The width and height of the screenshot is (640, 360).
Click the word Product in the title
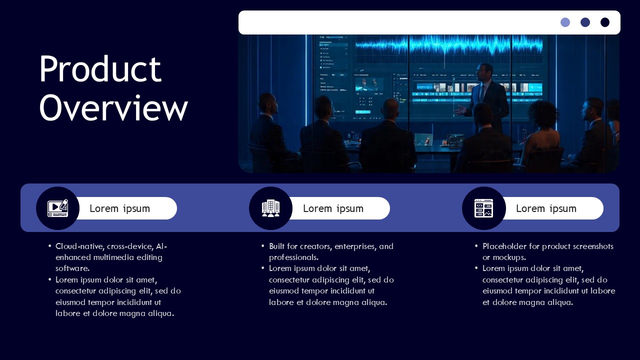pos(100,69)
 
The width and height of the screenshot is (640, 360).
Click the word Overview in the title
pos(113,107)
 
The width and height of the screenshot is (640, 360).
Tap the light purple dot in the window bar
pos(565,22)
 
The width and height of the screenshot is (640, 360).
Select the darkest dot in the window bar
pos(605,22)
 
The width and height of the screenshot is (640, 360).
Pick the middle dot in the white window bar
pos(585,22)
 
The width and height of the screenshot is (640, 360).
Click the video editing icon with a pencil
pos(57,208)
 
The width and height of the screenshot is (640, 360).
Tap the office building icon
pos(270,208)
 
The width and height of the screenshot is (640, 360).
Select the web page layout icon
pos(483,208)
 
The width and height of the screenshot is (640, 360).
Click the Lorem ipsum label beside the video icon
pos(119,208)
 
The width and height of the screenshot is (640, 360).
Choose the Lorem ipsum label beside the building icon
pos(333,208)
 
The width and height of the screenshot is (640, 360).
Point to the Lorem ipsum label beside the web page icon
pos(546,208)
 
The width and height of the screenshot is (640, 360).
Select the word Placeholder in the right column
pos(504,246)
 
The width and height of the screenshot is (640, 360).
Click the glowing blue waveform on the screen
pos(450,45)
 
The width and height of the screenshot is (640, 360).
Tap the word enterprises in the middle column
pos(355,246)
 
